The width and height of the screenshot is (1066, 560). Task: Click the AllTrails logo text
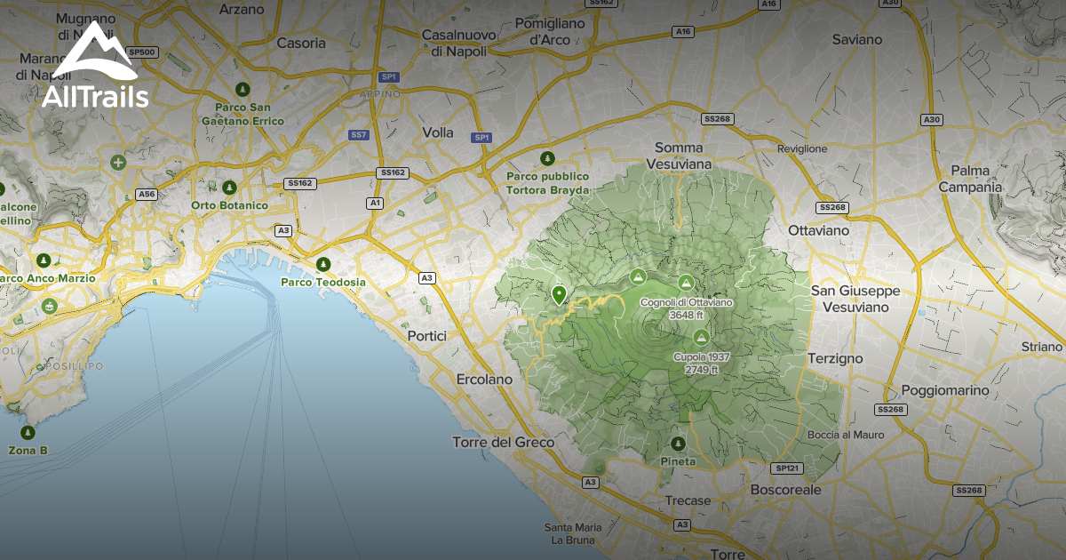tap(95, 96)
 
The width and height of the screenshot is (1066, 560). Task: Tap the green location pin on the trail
tap(559, 294)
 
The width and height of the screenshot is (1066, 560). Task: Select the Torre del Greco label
tap(503, 442)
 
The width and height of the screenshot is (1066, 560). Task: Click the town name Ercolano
tap(484, 380)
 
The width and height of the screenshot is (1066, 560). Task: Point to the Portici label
tap(426, 336)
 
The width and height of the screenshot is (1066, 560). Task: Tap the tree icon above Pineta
tap(679, 443)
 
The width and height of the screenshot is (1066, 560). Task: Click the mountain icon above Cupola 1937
tap(701, 338)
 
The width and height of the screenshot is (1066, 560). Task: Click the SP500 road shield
tap(142, 52)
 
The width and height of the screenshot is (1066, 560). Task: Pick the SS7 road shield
tap(359, 135)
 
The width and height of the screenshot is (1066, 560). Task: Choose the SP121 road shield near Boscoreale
tap(787, 468)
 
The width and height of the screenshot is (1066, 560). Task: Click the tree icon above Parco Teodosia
tap(323, 264)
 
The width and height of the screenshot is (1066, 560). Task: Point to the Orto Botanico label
tap(229, 205)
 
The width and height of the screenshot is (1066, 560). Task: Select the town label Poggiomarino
tap(944, 390)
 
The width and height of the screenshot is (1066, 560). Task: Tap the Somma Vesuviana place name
tap(679, 156)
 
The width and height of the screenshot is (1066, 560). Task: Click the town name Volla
tap(438, 132)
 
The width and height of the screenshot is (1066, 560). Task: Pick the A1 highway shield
tap(375, 204)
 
